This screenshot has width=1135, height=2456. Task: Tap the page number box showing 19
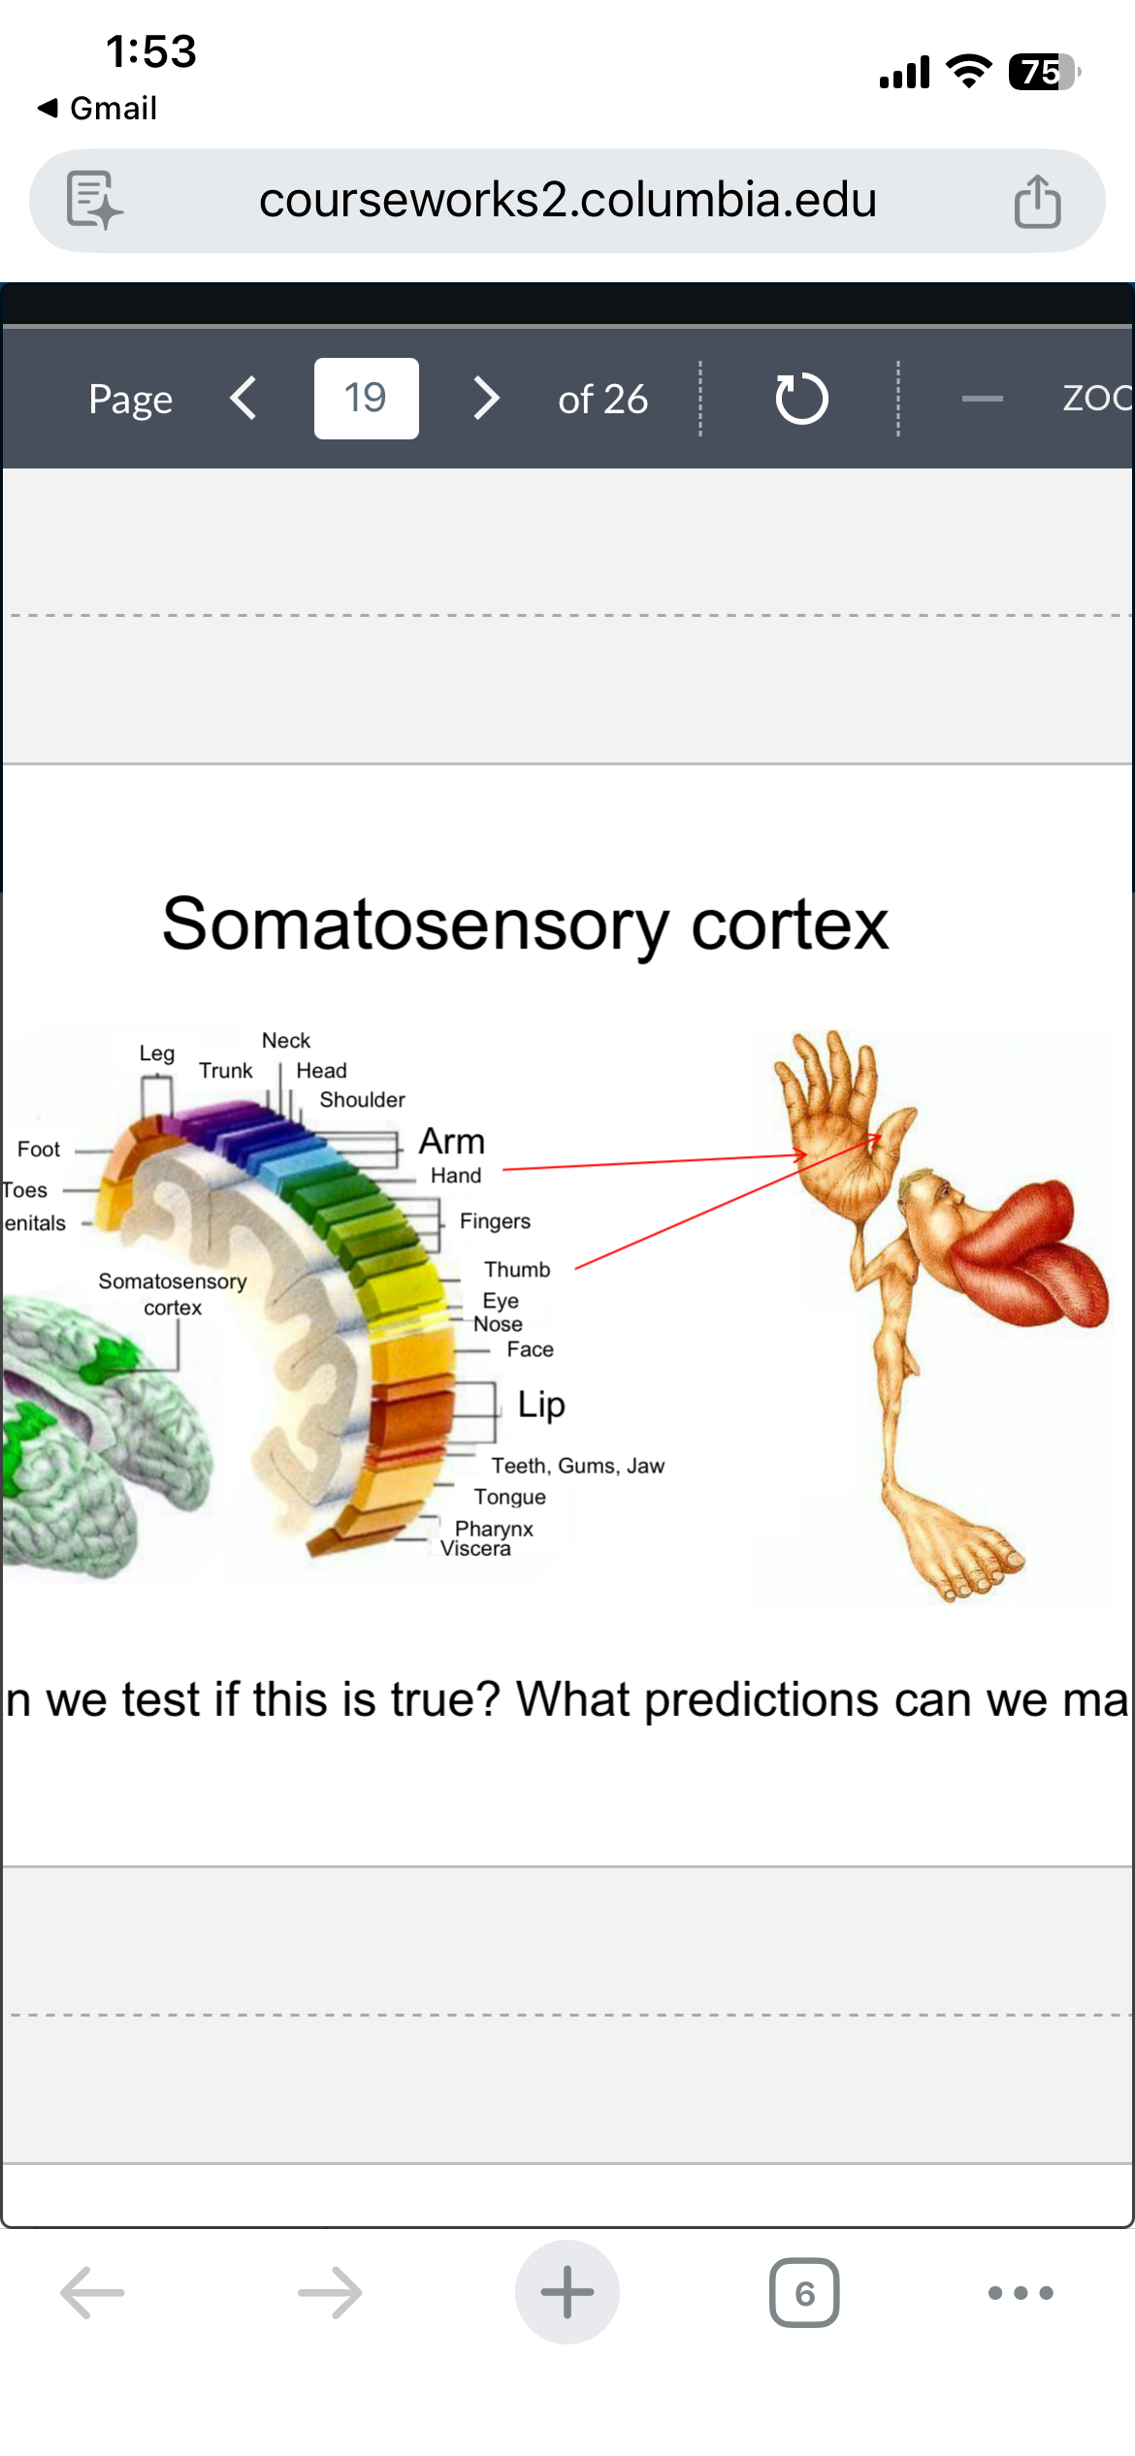(366, 399)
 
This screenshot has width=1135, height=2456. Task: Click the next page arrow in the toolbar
(486, 399)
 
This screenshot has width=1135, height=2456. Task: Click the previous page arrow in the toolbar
(243, 399)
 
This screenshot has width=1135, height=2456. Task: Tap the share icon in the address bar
(1037, 202)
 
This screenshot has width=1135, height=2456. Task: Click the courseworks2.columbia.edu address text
(567, 201)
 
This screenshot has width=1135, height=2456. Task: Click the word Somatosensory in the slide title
(414, 924)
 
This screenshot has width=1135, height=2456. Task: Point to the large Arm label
(451, 1142)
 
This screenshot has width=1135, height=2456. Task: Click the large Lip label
(540, 1404)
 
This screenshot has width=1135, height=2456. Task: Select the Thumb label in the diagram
(517, 1270)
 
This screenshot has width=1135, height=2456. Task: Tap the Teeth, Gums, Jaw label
(577, 1466)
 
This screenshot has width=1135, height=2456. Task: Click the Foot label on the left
(39, 1149)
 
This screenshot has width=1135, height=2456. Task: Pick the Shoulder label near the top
(362, 1100)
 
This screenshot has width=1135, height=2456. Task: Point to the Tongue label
(509, 1497)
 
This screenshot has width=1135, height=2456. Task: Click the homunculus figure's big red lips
(1028, 1251)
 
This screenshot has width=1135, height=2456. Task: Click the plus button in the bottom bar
(567, 2292)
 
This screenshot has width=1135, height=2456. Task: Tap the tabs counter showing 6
(804, 2293)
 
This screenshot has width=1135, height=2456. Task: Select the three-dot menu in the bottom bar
(1020, 2293)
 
